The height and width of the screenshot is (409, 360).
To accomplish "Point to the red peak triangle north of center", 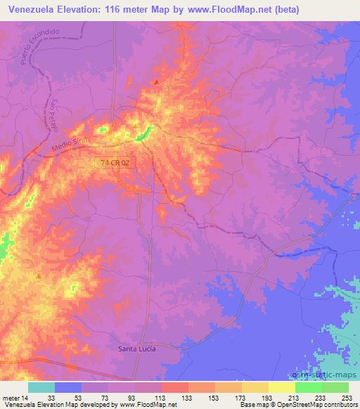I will [x=156, y=82].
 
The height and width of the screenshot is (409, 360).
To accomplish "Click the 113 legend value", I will [x=161, y=398].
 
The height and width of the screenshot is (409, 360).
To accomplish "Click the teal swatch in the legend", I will [x=41, y=387].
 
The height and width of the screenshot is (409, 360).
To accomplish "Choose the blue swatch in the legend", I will [x=68, y=387].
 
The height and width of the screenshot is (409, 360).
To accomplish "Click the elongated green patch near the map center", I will [x=146, y=131].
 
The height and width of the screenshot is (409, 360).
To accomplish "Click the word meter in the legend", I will [x=11, y=398].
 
